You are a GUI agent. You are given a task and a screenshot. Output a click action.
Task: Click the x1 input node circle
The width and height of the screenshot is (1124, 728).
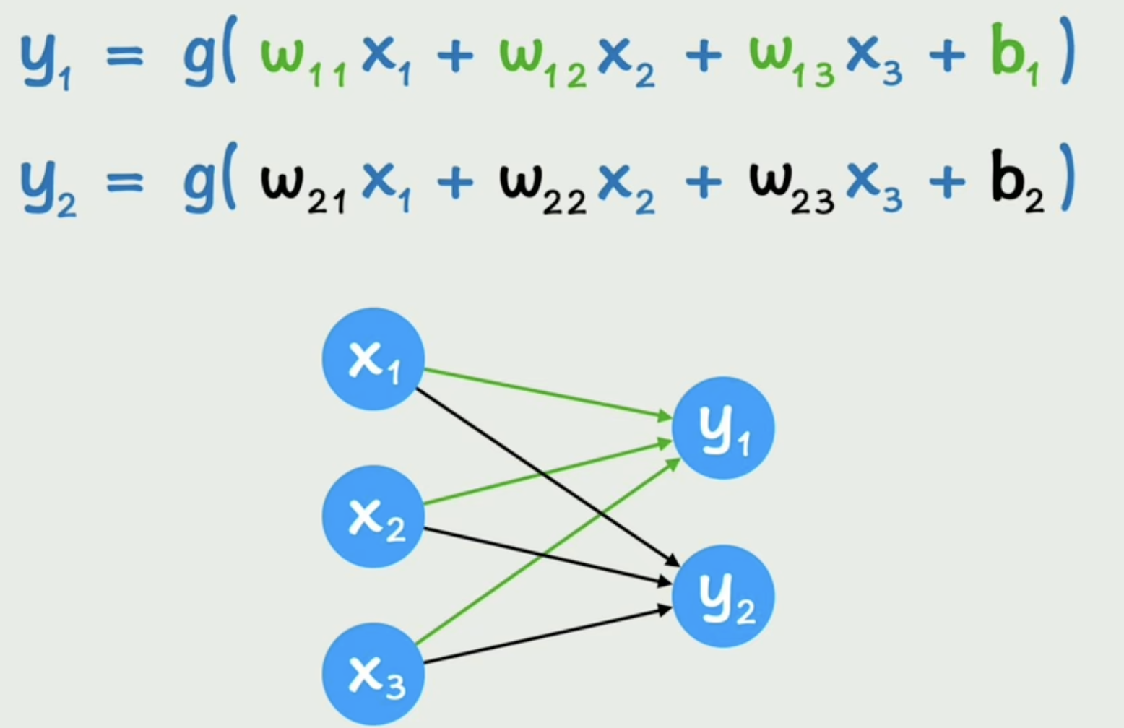[373, 359]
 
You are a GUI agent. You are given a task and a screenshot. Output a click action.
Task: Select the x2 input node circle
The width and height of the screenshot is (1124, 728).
[373, 516]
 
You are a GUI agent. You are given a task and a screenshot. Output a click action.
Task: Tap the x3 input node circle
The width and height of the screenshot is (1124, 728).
[373, 674]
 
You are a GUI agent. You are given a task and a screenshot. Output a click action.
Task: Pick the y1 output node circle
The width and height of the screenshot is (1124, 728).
[723, 428]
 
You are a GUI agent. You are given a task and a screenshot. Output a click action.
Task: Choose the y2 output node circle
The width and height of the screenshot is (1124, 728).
[723, 596]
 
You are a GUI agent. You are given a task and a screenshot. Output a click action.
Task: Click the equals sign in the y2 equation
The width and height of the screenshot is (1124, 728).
[124, 184]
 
